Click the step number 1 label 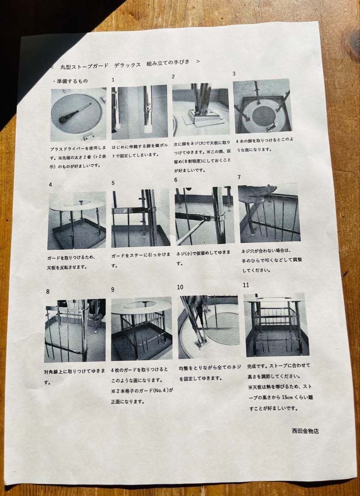click(113, 80)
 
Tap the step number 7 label click(239, 177)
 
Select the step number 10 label click(180, 287)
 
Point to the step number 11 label click(246, 285)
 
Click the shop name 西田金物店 click(305, 430)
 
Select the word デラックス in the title click(128, 65)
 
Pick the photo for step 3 click(262, 106)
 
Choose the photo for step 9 click(141, 328)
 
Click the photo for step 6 click(204, 216)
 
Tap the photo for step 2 click(201, 110)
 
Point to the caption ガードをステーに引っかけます click(141, 259)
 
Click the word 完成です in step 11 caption click(258, 366)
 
